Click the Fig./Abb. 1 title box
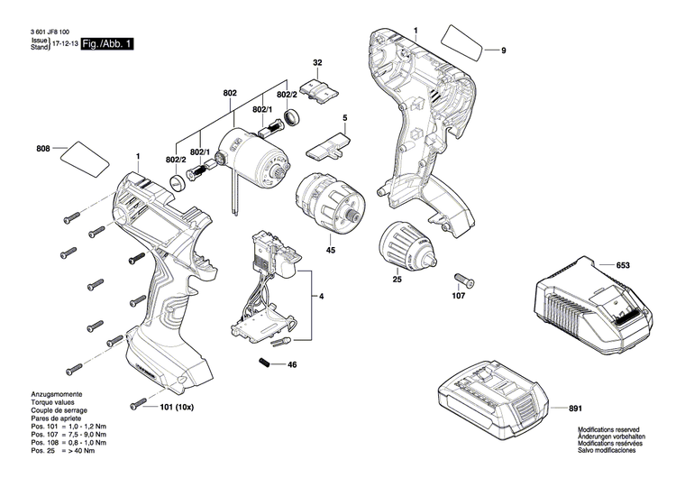(x=107, y=43)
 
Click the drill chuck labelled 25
(x=416, y=245)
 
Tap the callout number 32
(x=317, y=62)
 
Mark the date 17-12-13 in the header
(x=64, y=42)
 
